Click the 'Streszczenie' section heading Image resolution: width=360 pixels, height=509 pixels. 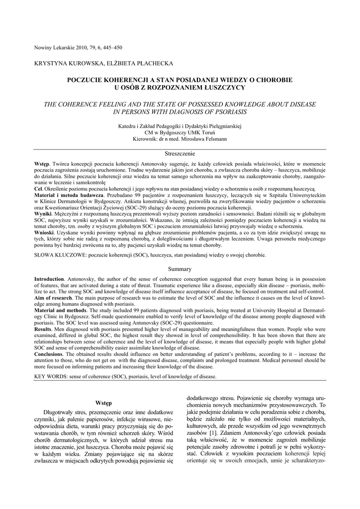tap(180, 154)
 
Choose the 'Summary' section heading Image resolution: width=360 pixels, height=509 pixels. tap(180, 269)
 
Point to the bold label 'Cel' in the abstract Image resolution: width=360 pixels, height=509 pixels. tap(38, 189)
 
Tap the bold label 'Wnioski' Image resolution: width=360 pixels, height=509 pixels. tap(44, 232)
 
